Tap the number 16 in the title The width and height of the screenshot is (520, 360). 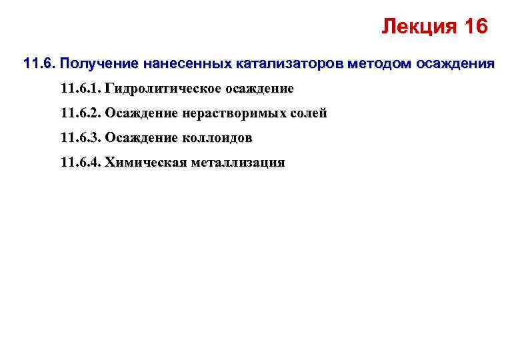point(473,27)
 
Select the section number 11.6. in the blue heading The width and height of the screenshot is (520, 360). point(38,65)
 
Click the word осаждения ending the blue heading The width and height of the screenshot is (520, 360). point(455,65)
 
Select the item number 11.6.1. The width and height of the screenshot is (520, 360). point(81,89)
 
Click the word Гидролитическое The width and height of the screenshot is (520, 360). point(163,89)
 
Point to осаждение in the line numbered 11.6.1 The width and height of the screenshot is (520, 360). point(261,89)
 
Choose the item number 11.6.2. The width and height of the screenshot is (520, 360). point(81,113)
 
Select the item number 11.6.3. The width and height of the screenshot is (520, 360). point(81,138)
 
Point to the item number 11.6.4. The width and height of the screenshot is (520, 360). point(81,163)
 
